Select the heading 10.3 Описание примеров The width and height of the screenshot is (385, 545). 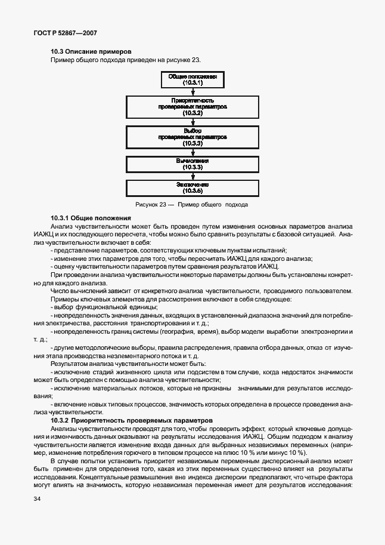coord(91,52)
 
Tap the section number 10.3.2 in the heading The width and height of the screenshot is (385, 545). coord(62,420)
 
